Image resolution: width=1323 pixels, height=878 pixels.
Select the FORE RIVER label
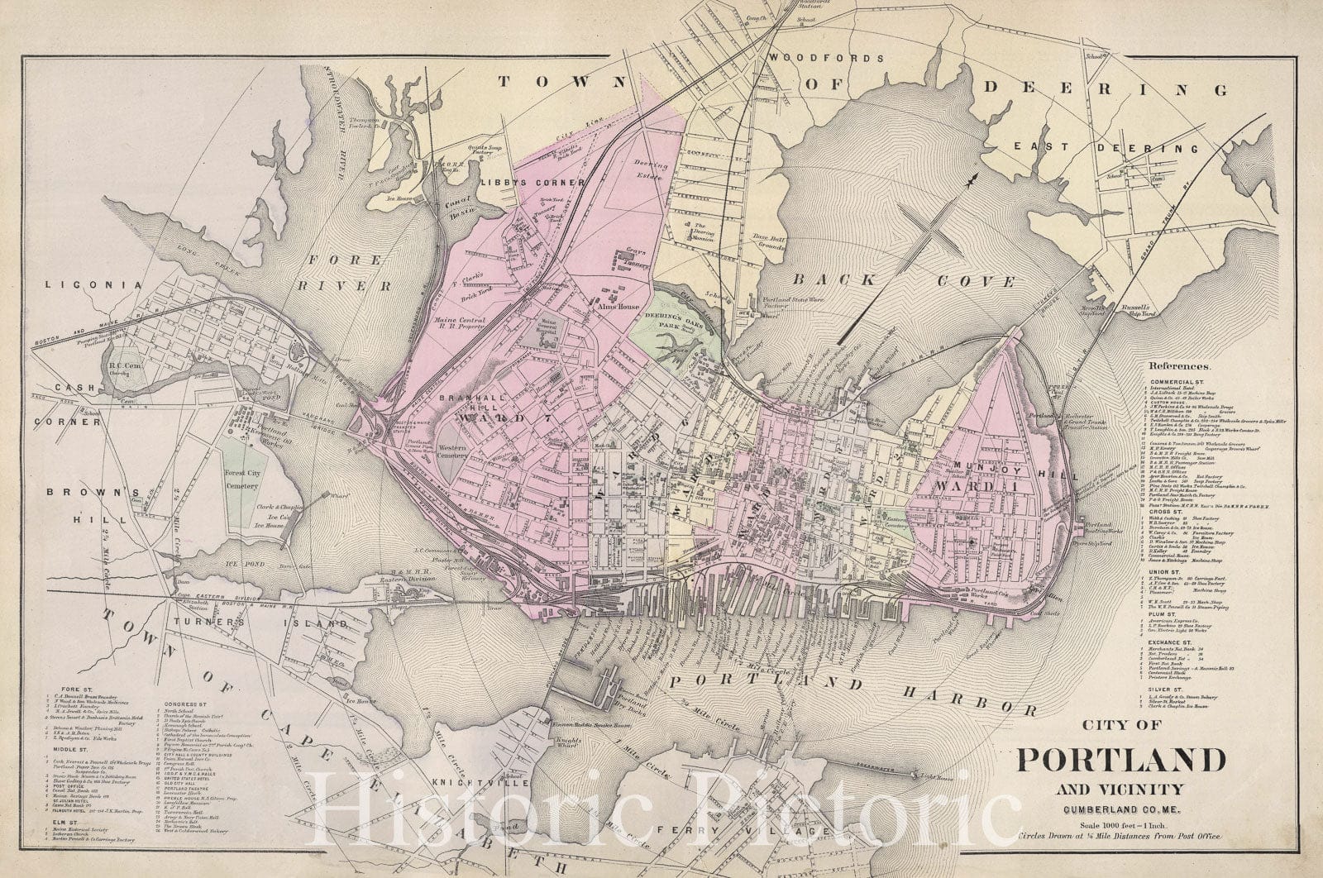click(x=348, y=274)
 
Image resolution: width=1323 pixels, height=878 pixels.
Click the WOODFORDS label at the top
click(x=826, y=58)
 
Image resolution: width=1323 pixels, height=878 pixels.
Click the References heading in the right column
click(x=1178, y=365)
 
